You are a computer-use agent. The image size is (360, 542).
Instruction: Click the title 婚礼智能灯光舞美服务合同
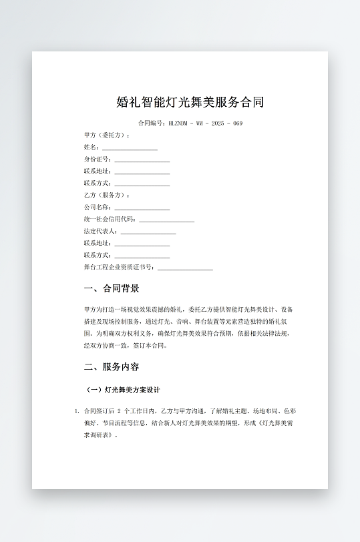point(190,102)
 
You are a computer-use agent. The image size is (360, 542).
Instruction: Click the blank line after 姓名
point(130,148)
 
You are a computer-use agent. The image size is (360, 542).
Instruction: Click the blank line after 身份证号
point(142,160)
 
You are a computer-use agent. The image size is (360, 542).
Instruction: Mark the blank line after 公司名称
point(142,208)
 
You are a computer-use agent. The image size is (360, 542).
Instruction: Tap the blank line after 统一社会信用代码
point(167,220)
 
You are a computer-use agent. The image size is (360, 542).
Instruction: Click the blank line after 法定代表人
point(148,232)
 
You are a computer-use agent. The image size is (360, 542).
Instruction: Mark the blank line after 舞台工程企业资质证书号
point(185,268)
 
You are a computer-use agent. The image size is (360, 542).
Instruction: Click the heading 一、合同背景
point(112,289)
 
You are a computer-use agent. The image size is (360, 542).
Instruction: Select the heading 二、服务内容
point(112,367)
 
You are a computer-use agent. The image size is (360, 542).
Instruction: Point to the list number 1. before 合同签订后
point(76,411)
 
